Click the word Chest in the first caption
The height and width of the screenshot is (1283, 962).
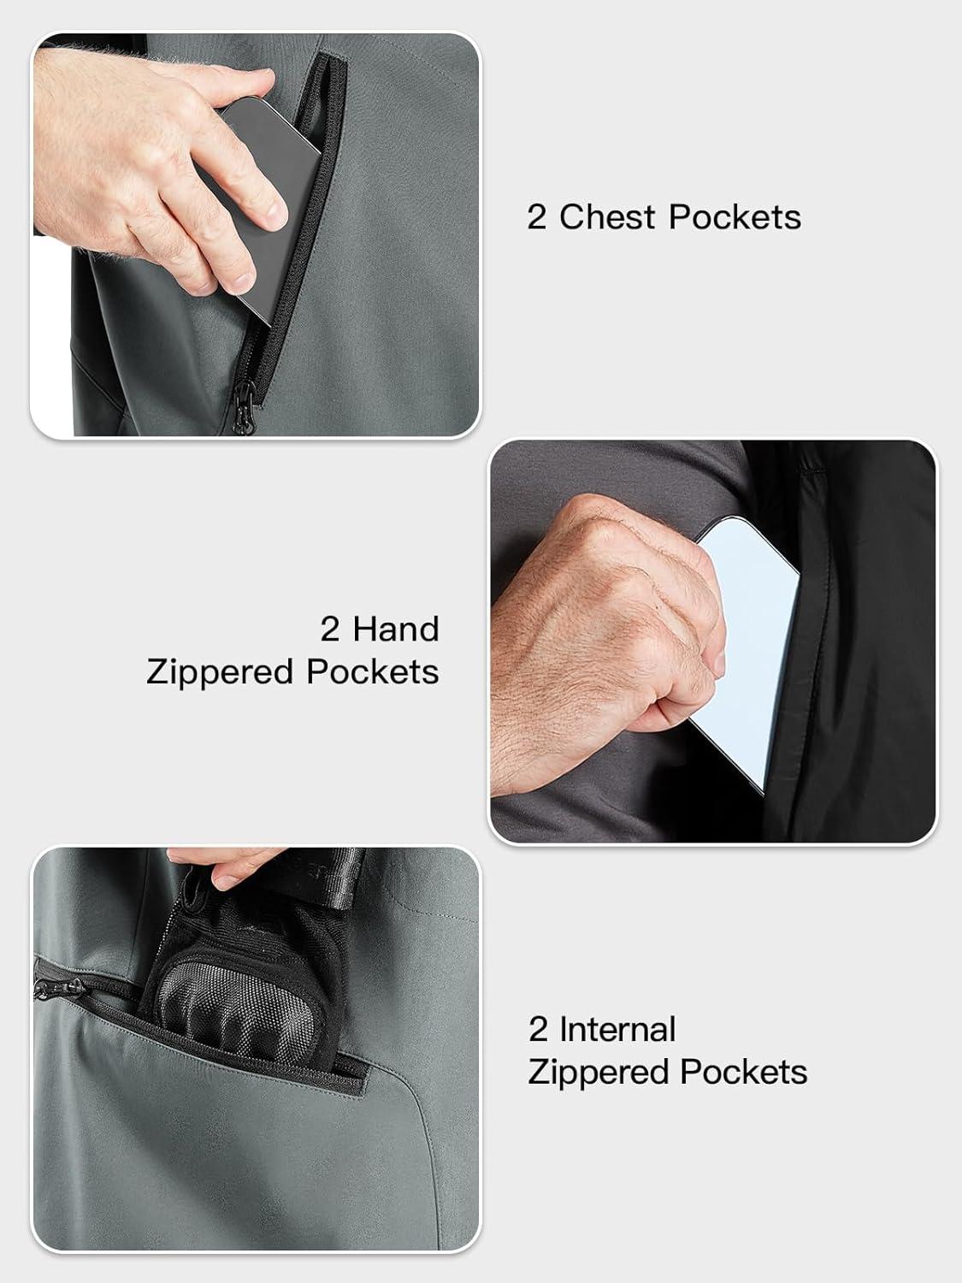(607, 217)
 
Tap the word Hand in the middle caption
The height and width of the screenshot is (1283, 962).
(395, 630)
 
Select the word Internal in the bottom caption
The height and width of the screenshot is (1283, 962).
(617, 1029)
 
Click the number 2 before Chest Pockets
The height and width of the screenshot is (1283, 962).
(536, 217)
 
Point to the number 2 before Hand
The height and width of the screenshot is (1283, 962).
(329, 630)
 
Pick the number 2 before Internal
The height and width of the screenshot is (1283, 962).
(538, 1029)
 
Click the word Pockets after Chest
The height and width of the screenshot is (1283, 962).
(735, 217)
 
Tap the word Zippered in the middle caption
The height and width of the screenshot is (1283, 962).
(220, 673)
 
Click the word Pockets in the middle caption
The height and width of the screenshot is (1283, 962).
(373, 673)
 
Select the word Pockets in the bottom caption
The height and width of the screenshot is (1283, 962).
(744, 1073)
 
